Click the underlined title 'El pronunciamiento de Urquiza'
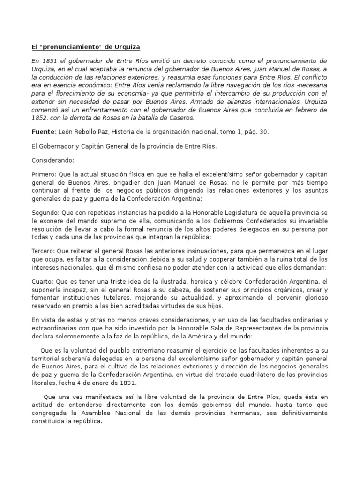(86, 47)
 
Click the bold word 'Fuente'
(43, 132)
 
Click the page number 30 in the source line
(264, 132)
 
